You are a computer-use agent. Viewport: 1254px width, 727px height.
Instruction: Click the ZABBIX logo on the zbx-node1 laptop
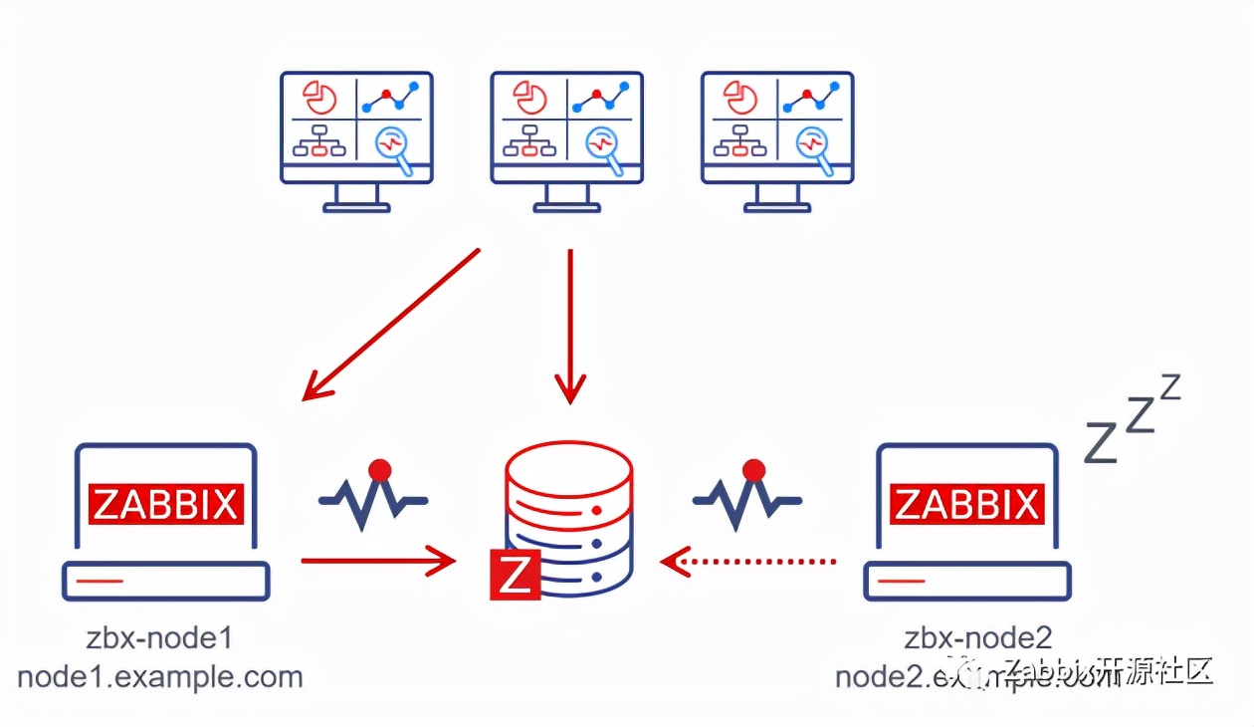point(165,503)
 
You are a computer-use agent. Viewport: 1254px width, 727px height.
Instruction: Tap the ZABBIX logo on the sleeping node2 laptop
point(966,504)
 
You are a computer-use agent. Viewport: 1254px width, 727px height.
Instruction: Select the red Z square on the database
point(515,575)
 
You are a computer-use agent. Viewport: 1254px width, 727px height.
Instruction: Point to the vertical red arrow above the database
point(570,324)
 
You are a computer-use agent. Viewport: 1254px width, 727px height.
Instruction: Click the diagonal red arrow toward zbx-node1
point(390,325)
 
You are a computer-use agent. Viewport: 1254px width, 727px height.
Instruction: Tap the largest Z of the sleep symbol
point(1101,442)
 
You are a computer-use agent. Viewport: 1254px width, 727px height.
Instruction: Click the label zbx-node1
point(160,637)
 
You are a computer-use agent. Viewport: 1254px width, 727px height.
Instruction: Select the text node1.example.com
point(160,677)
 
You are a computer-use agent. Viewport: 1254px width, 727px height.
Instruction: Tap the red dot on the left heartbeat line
point(378,469)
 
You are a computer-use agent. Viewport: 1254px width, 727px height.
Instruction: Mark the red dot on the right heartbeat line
point(753,469)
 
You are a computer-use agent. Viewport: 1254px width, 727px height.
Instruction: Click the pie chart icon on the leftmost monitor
point(319,98)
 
